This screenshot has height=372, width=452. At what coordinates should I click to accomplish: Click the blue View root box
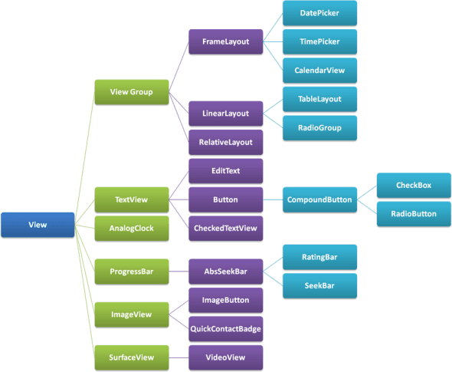38,225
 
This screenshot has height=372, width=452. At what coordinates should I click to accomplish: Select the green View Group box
131,92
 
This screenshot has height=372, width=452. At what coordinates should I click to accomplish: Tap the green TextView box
131,199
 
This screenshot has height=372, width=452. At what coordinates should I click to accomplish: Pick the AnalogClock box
131,229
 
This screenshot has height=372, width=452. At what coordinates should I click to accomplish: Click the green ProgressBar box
131,272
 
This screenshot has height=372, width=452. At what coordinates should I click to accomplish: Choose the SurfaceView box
131,357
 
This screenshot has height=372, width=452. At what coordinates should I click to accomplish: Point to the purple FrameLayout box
225,42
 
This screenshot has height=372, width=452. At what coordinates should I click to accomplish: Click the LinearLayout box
225,114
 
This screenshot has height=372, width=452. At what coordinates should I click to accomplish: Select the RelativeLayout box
225,142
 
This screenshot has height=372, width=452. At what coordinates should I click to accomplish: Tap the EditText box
225,171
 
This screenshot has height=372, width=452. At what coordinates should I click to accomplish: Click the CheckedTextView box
225,228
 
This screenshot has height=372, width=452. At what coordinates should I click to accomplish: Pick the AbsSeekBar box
225,272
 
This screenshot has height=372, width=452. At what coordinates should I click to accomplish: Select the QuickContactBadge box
225,328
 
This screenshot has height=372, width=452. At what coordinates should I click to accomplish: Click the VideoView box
225,357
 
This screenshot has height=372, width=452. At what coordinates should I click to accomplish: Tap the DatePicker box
319,13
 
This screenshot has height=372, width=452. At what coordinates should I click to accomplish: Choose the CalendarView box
319,71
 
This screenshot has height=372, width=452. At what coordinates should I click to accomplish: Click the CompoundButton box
319,200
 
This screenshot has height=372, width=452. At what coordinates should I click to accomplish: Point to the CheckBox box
414,186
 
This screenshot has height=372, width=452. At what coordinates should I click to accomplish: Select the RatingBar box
319,258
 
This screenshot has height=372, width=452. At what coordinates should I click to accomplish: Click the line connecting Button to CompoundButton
273,200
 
